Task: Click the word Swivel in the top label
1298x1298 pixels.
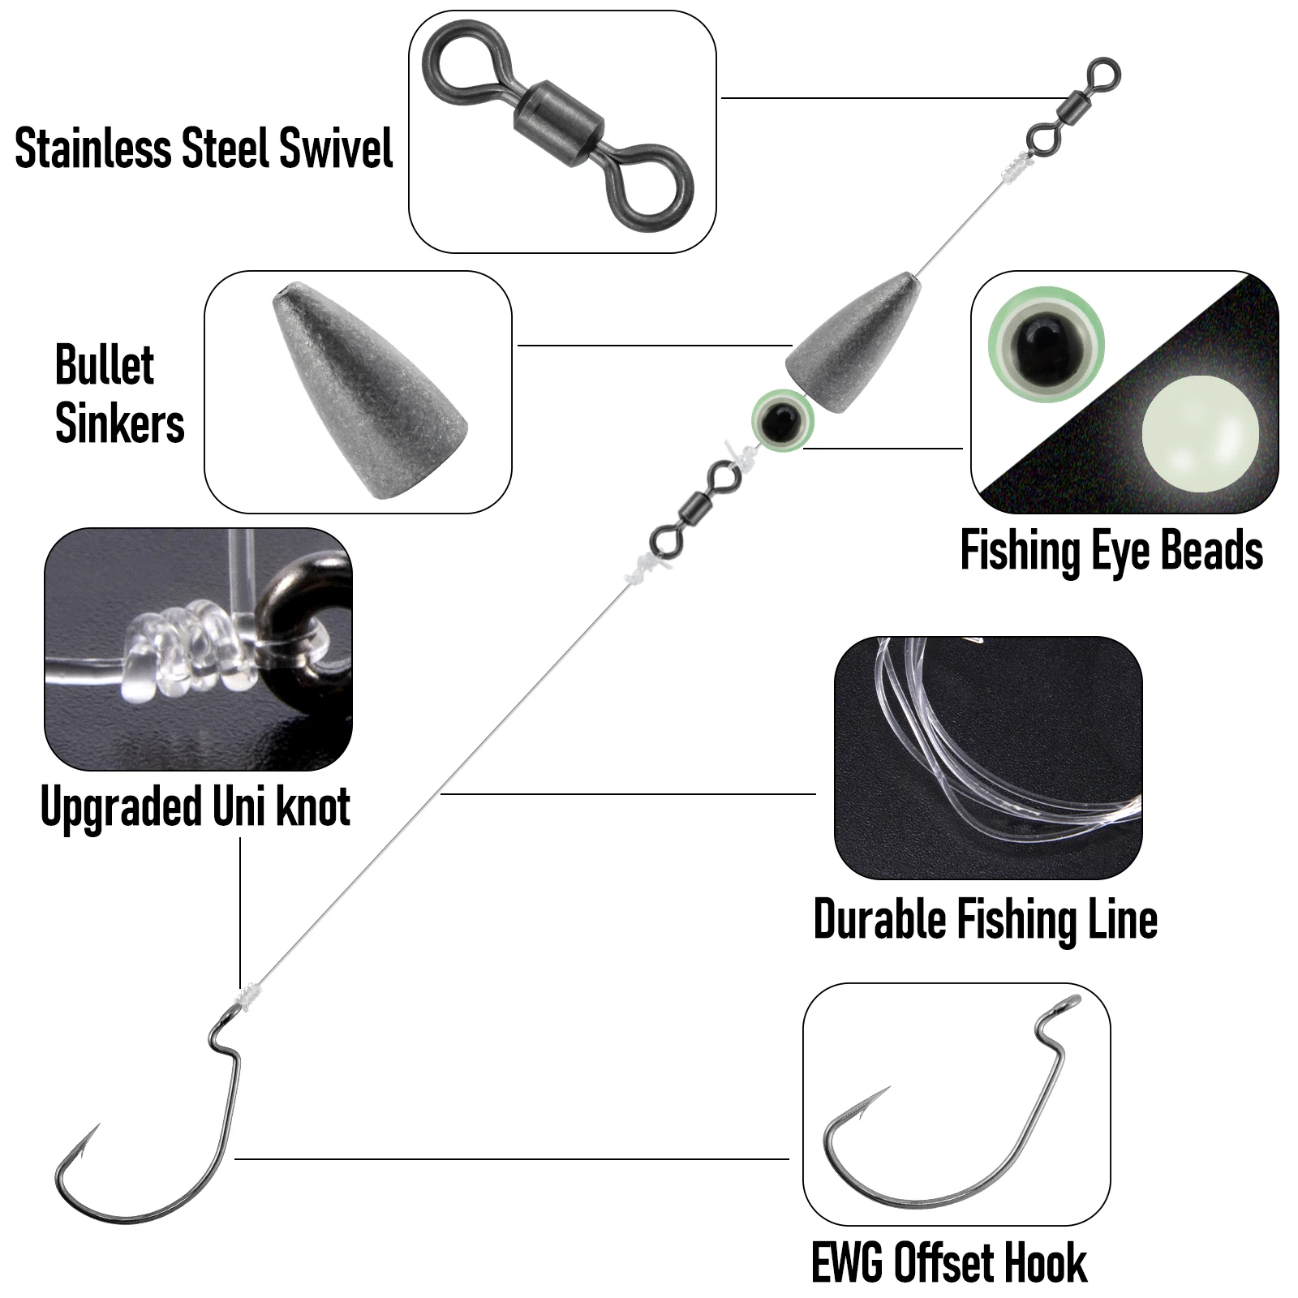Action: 335,148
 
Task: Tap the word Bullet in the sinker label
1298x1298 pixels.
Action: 105,365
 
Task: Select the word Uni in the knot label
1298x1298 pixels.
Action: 240,806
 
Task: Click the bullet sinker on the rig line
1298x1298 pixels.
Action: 856,341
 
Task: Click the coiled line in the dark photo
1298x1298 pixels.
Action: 1006,763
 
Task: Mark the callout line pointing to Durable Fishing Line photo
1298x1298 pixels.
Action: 628,793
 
